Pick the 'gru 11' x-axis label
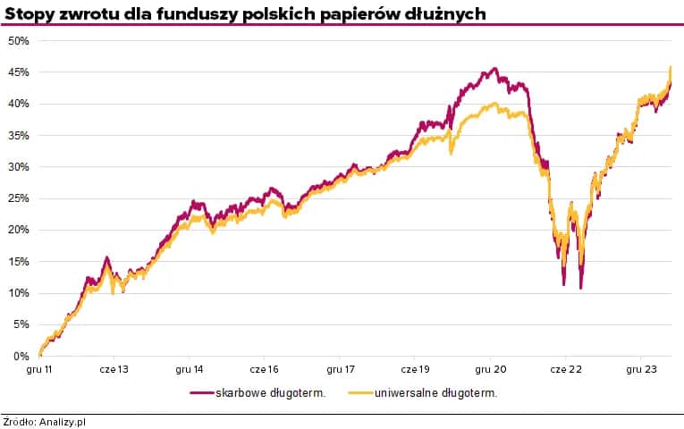tap(40, 369)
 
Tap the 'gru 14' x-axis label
tap(190, 369)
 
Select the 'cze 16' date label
tap(265, 369)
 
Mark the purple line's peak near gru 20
tap(494, 68)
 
